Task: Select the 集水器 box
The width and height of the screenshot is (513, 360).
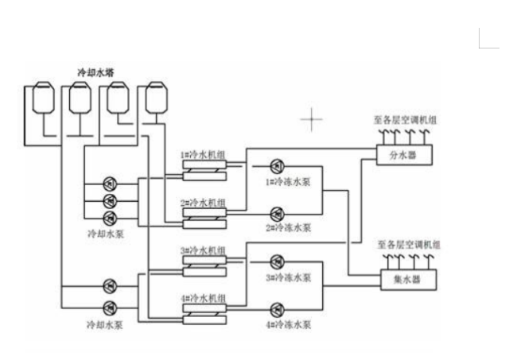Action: [404, 280]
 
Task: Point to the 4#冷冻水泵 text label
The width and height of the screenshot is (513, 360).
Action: [288, 324]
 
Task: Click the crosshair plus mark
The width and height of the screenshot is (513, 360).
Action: [311, 120]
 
